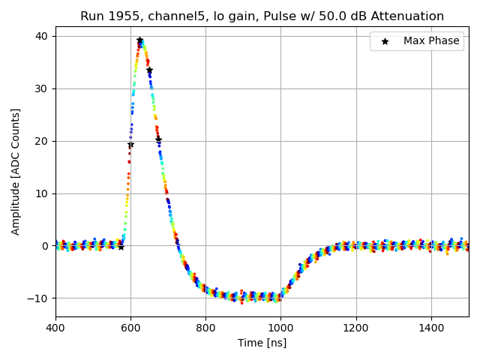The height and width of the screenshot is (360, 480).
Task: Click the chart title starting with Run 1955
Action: (262, 16)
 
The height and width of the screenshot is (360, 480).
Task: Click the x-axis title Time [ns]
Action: (262, 343)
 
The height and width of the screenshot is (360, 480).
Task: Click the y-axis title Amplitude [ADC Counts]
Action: (16, 172)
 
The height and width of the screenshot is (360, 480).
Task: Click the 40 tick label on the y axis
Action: (41, 36)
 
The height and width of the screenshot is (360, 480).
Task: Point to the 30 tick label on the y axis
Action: (41, 88)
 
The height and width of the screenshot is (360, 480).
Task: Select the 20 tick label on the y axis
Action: (41, 141)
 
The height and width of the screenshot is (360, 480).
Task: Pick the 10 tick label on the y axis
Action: (41, 193)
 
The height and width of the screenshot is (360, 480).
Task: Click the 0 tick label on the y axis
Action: (44, 246)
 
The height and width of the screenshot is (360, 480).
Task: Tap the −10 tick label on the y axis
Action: (38, 298)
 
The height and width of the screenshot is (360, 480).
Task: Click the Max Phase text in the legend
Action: (431, 41)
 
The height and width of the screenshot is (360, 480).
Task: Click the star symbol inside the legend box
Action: (385, 41)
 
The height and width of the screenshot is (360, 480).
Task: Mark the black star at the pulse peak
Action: (139, 40)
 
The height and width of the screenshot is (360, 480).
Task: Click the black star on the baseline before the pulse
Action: (121, 246)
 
